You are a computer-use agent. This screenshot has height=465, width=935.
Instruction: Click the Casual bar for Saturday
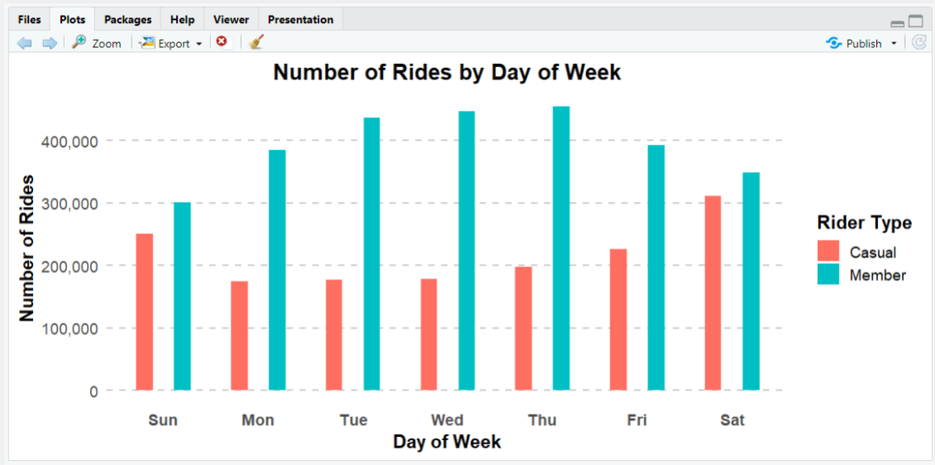[713, 293]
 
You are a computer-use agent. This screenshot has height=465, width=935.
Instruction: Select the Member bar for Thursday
[561, 248]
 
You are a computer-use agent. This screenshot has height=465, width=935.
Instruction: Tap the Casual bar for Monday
[239, 336]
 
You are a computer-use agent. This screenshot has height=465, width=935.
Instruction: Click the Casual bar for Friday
[618, 319]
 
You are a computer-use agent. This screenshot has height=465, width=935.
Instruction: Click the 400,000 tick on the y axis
[69, 141]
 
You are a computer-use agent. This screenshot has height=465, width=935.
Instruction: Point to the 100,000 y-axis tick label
[69, 328]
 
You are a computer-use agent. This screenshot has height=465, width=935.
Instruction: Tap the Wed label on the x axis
[447, 420]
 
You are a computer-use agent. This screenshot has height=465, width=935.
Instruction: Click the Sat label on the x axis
[732, 420]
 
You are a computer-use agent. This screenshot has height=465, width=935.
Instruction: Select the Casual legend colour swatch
[828, 252]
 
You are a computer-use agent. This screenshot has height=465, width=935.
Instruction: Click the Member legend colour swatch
[828, 275]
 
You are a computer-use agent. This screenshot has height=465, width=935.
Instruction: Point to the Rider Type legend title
[864, 223]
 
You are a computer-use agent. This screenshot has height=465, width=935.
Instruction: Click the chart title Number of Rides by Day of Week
[446, 73]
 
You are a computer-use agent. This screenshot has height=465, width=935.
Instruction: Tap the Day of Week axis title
[446, 442]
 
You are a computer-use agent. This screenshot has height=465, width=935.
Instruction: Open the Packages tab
[127, 20]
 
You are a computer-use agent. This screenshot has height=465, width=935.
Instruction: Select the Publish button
[861, 43]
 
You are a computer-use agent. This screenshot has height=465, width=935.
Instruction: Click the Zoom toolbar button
[97, 43]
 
